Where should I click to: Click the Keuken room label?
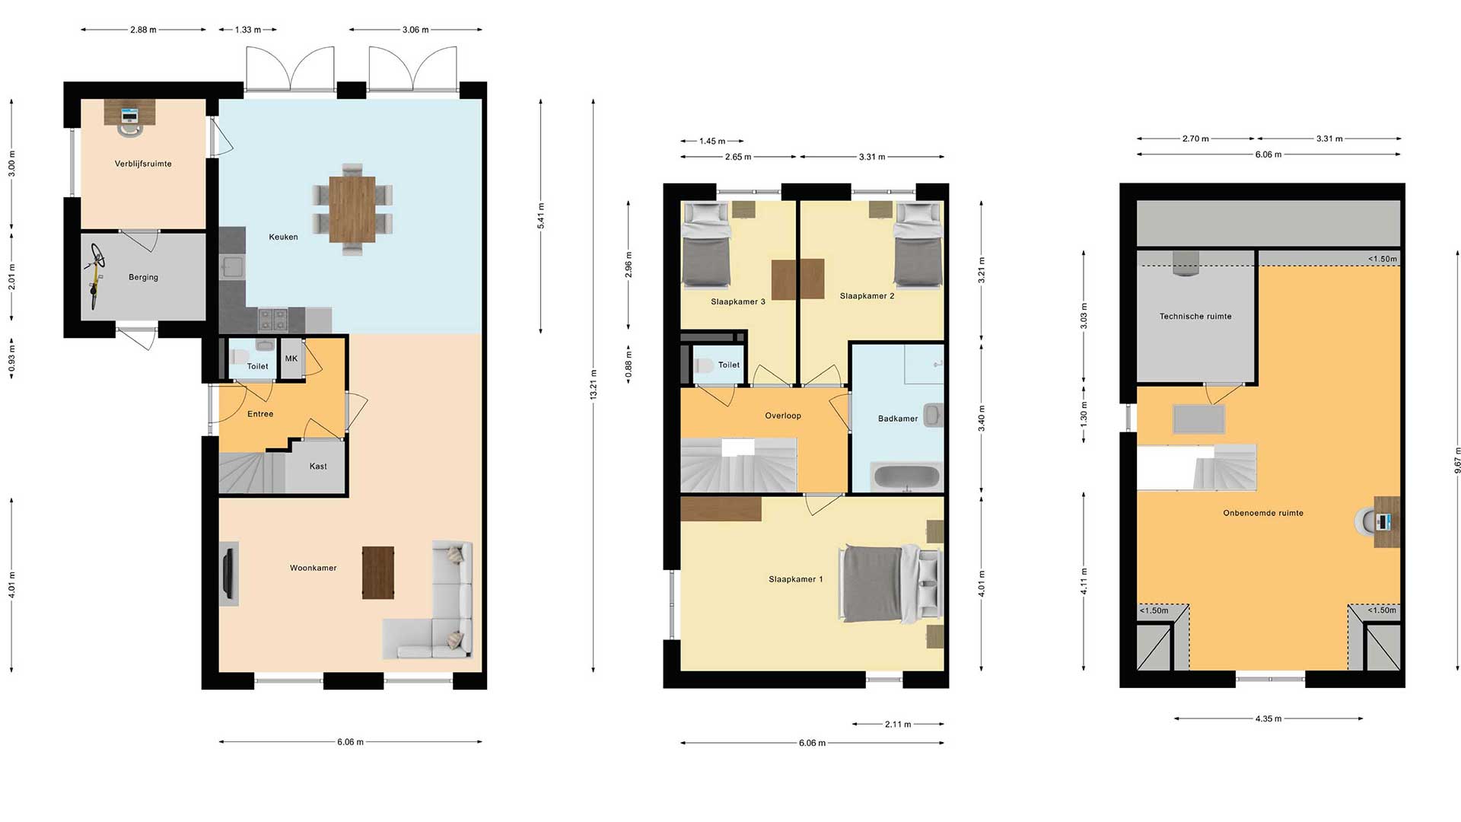pos(283,237)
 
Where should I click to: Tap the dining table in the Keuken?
pos(352,209)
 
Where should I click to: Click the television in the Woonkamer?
pos(228,573)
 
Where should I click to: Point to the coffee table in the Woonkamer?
pos(378,572)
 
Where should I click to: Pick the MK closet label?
pos(291,358)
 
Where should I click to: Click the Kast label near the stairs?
pos(318,467)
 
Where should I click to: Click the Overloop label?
pos(783,416)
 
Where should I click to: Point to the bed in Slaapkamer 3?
pos(706,245)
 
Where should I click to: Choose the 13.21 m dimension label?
pos(594,384)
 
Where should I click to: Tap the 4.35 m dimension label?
pos(1268,718)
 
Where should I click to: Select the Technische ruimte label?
pos(1195,317)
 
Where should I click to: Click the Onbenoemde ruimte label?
pos(1263,513)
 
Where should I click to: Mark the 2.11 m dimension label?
pos(898,725)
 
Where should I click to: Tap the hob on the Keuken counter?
pos(272,320)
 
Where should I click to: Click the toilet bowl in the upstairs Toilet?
pos(704,366)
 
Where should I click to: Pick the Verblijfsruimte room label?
pos(143,164)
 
